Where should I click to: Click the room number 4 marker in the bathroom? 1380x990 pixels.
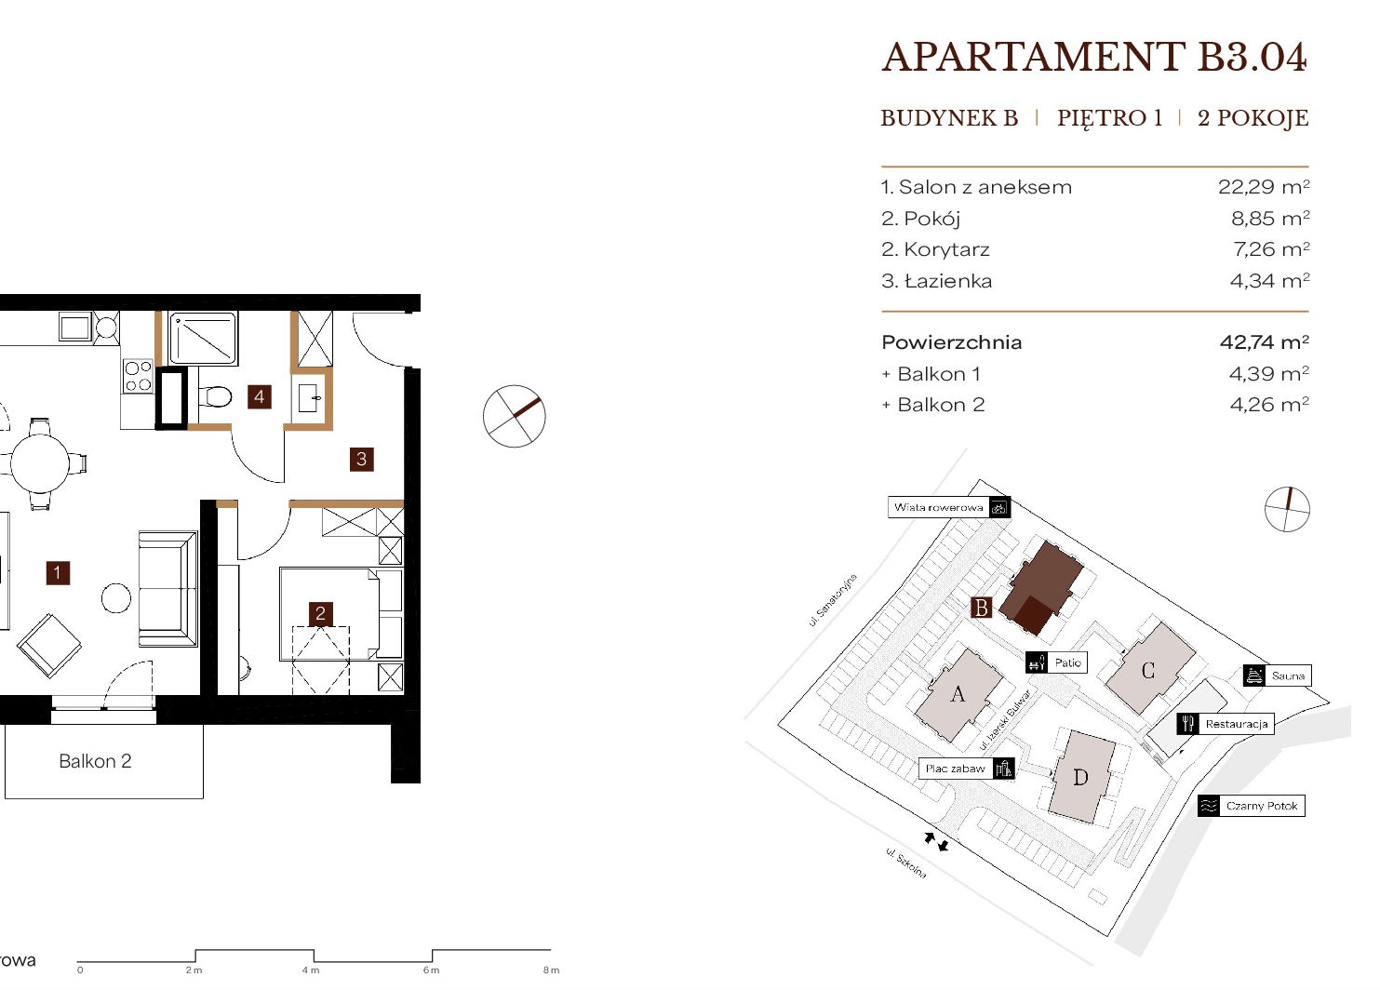pyautogui.click(x=260, y=397)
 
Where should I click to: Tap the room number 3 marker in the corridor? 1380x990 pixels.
pyautogui.click(x=362, y=460)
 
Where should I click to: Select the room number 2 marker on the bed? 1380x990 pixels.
pyautogui.click(x=320, y=613)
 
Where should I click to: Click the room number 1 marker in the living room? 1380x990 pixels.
pyautogui.click(x=58, y=573)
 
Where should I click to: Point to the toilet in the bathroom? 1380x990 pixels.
pyautogui.click(x=216, y=396)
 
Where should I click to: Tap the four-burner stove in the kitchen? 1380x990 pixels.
pyautogui.click(x=138, y=377)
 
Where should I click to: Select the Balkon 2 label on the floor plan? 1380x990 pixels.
pyautogui.click(x=96, y=761)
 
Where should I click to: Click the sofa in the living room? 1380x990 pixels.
pyautogui.click(x=168, y=589)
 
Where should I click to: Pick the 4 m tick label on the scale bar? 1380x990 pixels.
pyautogui.click(x=311, y=970)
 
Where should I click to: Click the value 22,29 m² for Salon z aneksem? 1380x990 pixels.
pyautogui.click(x=1264, y=187)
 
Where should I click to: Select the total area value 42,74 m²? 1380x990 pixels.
pyautogui.click(x=1265, y=341)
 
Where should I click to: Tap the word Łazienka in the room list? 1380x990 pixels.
pyautogui.click(x=949, y=281)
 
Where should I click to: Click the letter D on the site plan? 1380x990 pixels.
pyautogui.click(x=1080, y=778)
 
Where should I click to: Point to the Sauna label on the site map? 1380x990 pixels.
pyautogui.click(x=1288, y=676)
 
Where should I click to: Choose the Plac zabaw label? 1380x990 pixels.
pyautogui.click(x=956, y=769)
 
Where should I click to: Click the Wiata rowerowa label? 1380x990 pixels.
pyautogui.click(x=938, y=508)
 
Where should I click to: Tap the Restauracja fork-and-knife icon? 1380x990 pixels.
pyautogui.click(x=1187, y=724)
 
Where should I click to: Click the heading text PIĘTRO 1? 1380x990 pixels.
pyautogui.click(x=1109, y=117)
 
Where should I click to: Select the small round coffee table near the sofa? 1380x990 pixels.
pyautogui.click(x=115, y=598)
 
